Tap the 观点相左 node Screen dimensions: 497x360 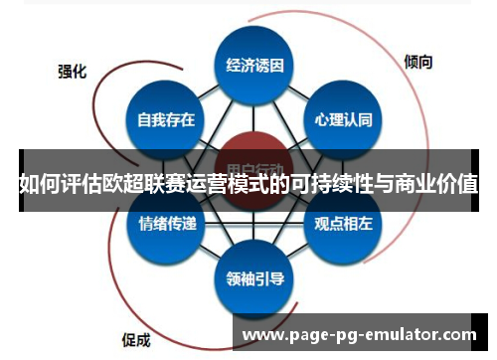[342, 225]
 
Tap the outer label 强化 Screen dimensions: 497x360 [72, 72]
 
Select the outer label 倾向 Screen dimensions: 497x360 [418, 61]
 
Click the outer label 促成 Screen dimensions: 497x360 [136, 338]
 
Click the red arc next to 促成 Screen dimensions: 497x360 [149, 298]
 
